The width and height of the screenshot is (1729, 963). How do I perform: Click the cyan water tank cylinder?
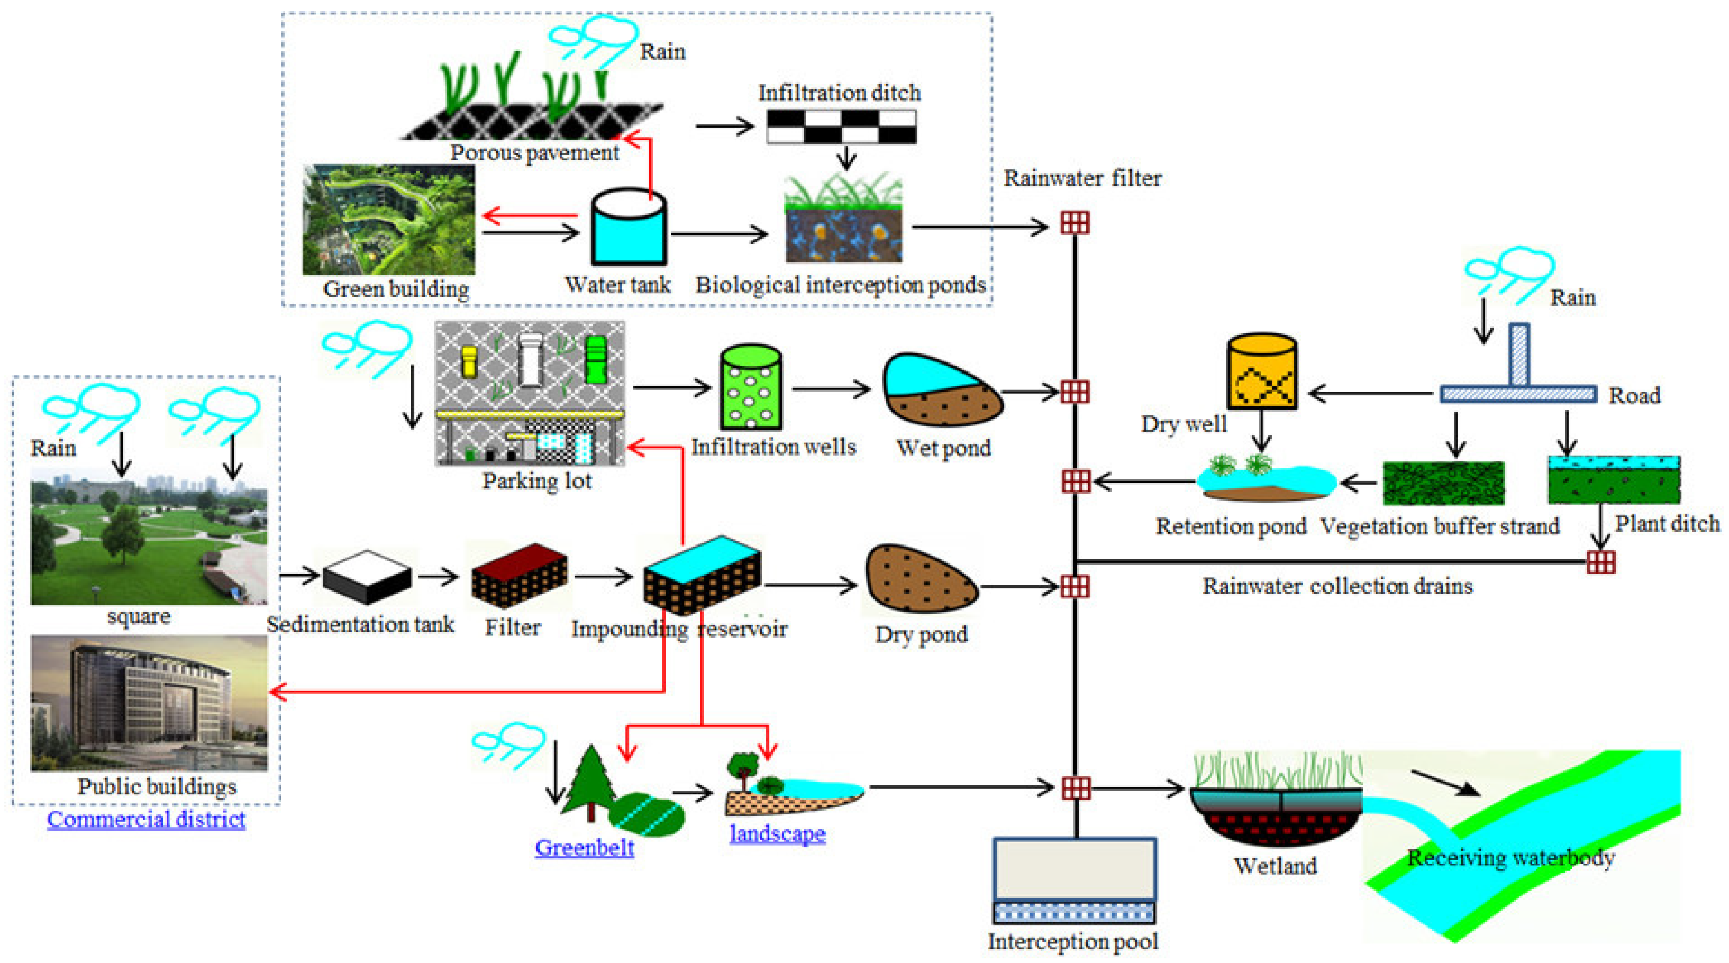(x=628, y=228)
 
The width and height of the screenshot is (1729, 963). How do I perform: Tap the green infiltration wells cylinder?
(x=750, y=388)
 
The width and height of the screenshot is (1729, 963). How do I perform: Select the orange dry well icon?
(x=1262, y=373)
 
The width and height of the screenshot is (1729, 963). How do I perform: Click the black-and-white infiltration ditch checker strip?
(x=841, y=126)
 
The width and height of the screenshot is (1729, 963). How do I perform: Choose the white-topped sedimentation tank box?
(x=367, y=576)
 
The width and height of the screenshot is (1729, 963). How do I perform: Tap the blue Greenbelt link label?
(x=584, y=848)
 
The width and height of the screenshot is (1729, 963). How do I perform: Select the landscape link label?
(x=777, y=833)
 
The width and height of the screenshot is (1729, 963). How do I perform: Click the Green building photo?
(x=389, y=220)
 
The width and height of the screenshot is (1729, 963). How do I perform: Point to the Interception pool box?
(x=1074, y=879)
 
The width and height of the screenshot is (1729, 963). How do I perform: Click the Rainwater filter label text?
(x=1082, y=178)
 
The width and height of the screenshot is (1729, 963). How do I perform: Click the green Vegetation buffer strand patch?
(x=1443, y=483)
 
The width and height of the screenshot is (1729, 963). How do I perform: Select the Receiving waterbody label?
(x=1510, y=857)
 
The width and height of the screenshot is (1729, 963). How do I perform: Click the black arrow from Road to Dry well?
(x=1369, y=393)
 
